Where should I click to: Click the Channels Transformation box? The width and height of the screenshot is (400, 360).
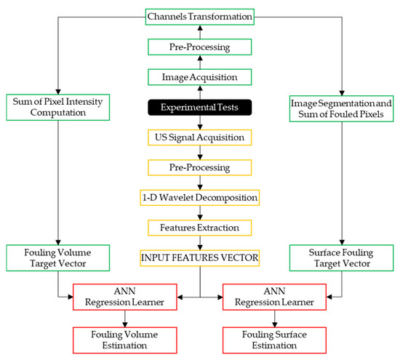199,15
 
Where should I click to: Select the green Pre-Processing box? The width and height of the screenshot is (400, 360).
199,46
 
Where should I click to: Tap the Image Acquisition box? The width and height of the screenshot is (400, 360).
199,76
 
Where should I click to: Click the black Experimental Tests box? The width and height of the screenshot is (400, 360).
199,107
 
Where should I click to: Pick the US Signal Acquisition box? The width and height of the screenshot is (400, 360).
199,136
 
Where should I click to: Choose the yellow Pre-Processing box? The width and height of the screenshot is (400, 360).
199,167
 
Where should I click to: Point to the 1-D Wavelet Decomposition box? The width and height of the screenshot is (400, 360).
199,196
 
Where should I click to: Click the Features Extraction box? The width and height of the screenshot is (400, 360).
199,227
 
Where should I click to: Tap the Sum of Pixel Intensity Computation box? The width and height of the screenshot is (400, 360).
52,107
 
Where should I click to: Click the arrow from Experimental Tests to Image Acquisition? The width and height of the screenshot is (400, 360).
199,91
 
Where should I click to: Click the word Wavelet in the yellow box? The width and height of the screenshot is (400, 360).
196,196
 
